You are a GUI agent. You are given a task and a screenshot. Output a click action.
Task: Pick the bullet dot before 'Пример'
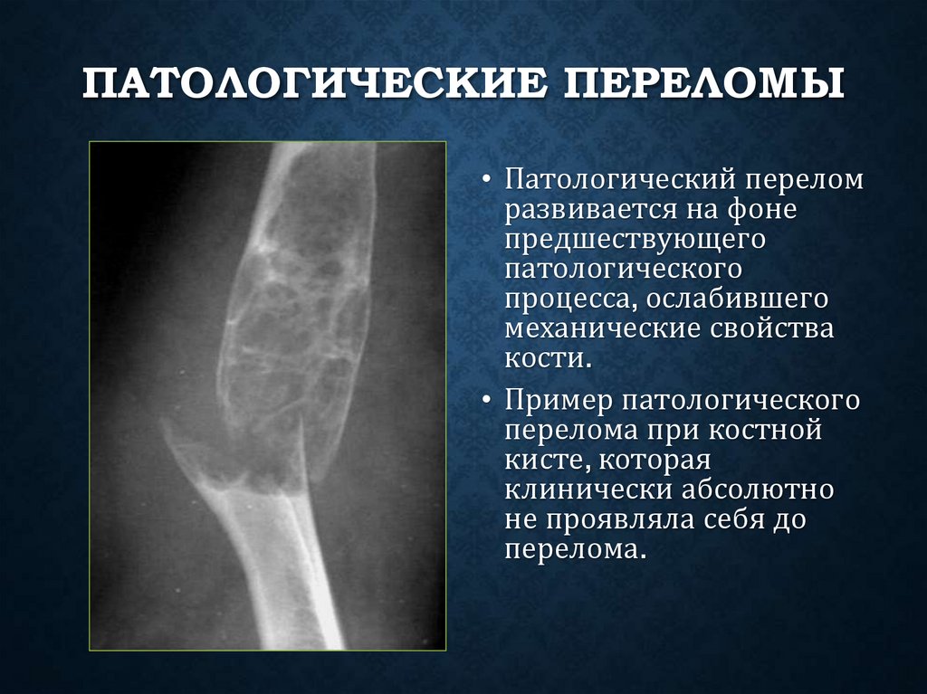487,400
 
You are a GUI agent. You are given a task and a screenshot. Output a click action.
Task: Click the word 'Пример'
555,400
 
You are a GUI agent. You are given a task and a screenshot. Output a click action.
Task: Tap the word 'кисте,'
546,460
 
